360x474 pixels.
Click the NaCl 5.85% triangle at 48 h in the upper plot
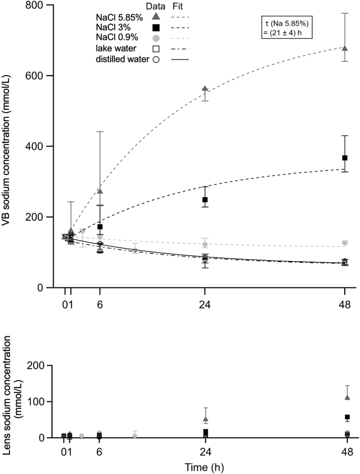pos(345,48)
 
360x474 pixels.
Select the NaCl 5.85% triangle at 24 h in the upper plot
pos(205,88)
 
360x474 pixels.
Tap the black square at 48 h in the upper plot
pos(345,158)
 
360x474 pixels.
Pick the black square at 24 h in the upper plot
pos(205,200)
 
